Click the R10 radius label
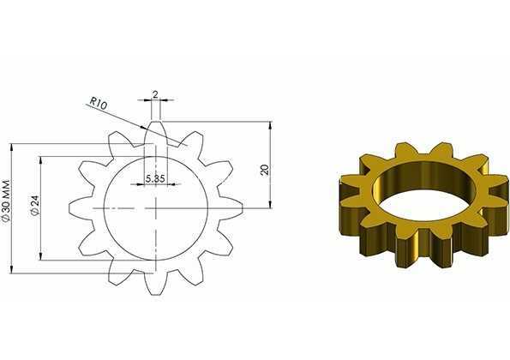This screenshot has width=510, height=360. coord(98,103)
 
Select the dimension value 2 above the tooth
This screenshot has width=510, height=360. coord(155,94)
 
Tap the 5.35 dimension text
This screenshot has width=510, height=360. coord(155,178)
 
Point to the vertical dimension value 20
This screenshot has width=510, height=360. coord(265,170)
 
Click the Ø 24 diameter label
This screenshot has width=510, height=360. coord(35,205)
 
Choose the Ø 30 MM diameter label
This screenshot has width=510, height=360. coord(7,201)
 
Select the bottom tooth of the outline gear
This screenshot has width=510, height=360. coord(156,284)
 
